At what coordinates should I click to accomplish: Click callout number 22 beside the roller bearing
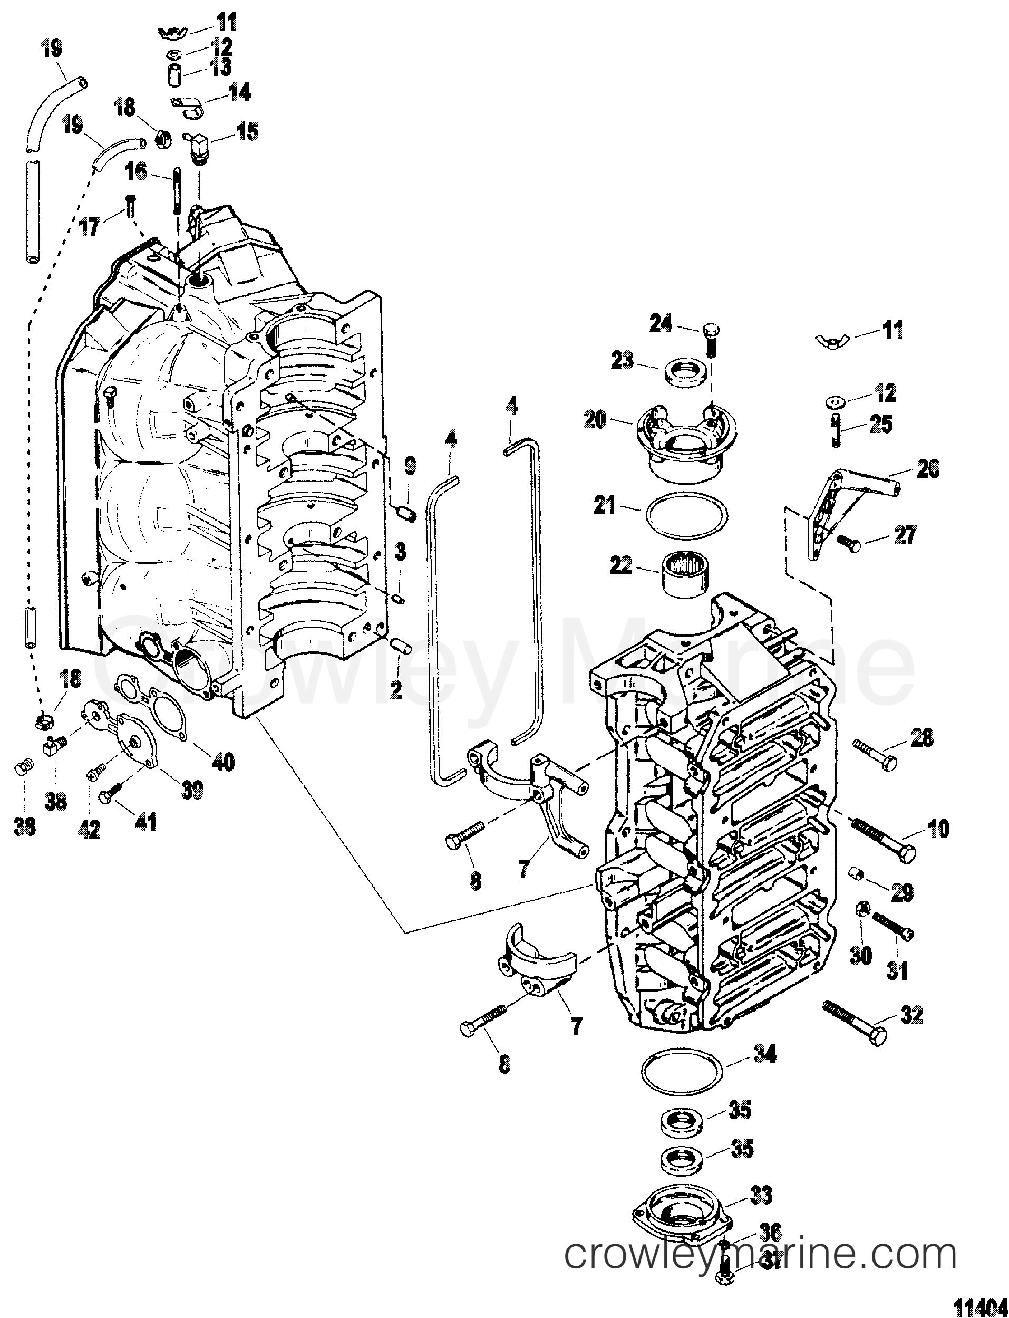pos(621,565)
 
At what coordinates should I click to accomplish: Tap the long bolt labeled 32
pos(853,1021)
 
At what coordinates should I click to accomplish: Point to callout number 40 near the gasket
pos(224,762)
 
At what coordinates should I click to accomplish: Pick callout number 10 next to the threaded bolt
pos(938,829)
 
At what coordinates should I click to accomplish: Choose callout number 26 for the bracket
pos(928,468)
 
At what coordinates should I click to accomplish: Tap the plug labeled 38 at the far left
pos(23,768)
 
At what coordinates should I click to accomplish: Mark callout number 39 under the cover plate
pos(192,790)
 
